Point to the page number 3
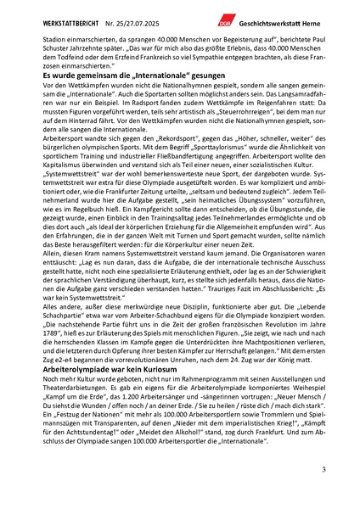point(323,469)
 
